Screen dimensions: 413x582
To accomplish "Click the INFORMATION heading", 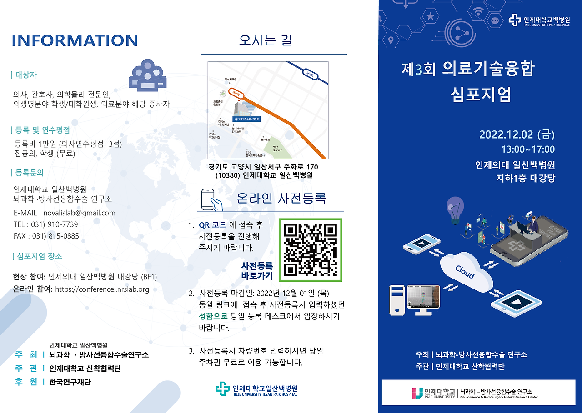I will click(75, 40).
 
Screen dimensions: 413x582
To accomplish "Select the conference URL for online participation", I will click(102, 289).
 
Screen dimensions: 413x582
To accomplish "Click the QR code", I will click(311, 250).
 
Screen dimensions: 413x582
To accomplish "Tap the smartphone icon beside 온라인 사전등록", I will click(212, 199).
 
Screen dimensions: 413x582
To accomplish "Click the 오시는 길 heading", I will click(266, 40).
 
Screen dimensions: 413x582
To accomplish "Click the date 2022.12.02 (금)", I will click(517, 135).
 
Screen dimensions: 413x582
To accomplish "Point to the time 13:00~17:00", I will click(528, 149).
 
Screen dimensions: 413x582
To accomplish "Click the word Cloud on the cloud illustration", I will click(465, 272).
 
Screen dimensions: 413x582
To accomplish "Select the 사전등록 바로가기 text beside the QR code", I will click(257, 271).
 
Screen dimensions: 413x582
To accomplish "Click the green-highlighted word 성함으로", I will click(213, 317).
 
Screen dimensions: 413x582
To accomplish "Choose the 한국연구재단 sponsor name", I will click(70, 382).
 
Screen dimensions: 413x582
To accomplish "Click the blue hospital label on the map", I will click(245, 118).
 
